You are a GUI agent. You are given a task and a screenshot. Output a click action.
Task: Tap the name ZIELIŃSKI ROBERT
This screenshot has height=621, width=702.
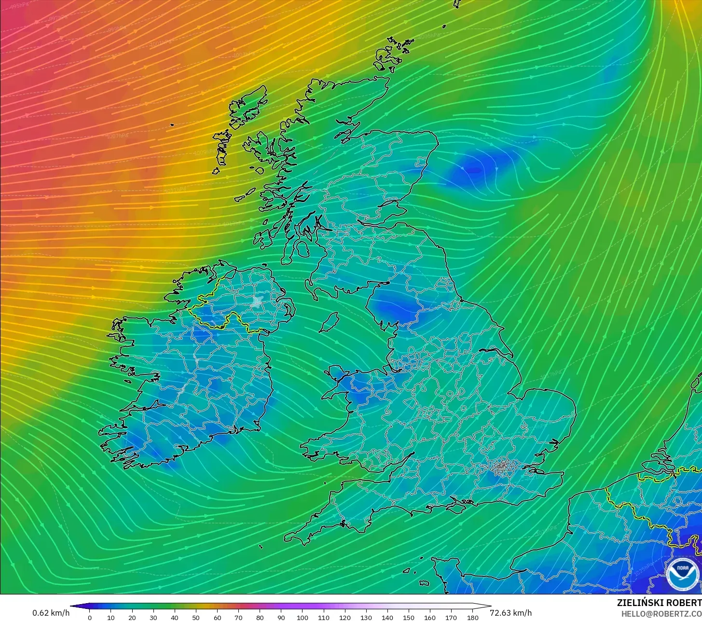click(x=659, y=603)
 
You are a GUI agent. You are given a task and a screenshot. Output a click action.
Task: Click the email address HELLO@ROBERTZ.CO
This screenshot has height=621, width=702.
click(x=661, y=614)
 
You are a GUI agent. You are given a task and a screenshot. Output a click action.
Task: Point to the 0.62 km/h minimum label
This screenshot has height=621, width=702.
click(x=51, y=613)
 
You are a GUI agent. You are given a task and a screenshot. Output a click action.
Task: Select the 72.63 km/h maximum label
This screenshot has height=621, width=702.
click(x=511, y=613)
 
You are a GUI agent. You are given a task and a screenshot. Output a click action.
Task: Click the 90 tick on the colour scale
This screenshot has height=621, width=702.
click(x=281, y=617)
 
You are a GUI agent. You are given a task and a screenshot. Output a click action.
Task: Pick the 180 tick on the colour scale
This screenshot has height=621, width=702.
click(x=473, y=617)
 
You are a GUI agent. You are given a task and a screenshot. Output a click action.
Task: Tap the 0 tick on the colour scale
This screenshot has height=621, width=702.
click(x=90, y=617)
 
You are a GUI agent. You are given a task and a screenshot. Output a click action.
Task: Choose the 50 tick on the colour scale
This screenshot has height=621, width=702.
click(x=196, y=617)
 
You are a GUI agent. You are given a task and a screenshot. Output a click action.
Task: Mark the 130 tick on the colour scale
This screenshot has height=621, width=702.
click(x=366, y=617)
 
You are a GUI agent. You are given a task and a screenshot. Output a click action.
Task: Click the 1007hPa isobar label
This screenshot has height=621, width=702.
click(x=117, y=136)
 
